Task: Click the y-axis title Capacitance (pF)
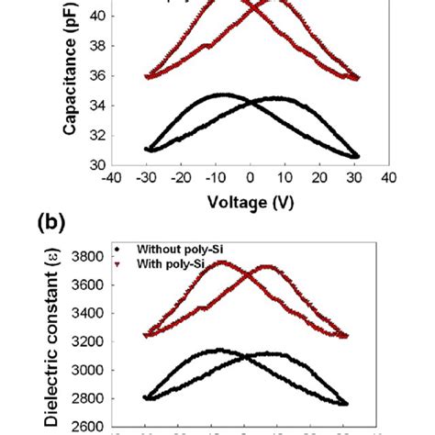click(70, 74)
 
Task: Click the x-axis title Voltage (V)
click(249, 198)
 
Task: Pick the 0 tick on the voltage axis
click(251, 176)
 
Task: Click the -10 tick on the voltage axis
click(214, 176)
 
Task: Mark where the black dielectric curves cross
click(246, 355)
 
